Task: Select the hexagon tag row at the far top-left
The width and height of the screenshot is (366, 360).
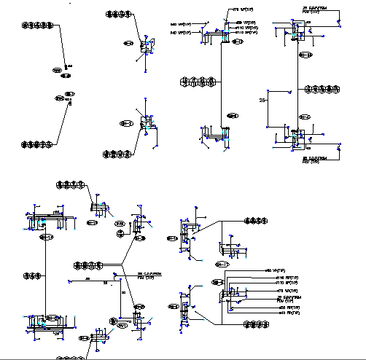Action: pyautogui.click(x=35, y=24)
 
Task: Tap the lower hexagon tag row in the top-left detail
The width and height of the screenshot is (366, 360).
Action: pyautogui.click(x=36, y=144)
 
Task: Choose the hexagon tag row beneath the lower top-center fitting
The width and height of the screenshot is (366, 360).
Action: pyautogui.click(x=119, y=153)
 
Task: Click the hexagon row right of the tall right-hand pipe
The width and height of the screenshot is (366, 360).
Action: pyautogui.click(x=322, y=89)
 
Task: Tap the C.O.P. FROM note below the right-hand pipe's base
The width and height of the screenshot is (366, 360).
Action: pyautogui.click(x=316, y=159)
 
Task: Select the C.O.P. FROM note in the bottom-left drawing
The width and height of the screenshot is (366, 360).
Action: pyautogui.click(x=149, y=275)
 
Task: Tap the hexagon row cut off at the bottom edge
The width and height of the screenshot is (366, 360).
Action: pyautogui.click(x=69, y=357)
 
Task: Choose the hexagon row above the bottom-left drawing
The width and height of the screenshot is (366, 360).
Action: pyautogui.click(x=71, y=184)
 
